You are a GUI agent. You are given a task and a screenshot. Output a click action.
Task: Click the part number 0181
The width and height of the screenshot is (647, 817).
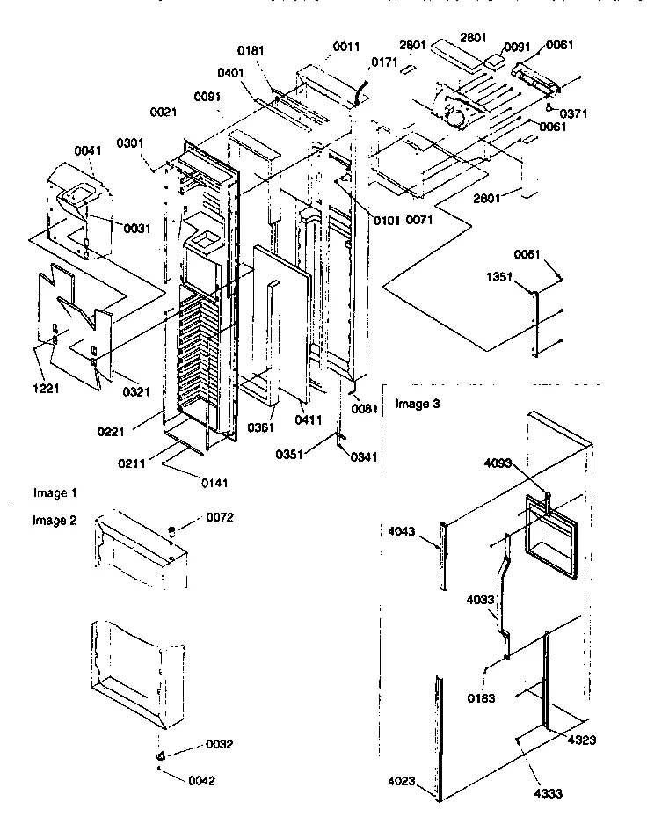(x=251, y=52)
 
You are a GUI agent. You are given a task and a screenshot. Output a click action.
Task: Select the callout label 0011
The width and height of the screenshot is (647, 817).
(x=345, y=46)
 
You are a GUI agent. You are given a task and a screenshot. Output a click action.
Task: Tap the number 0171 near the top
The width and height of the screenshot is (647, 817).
(x=384, y=62)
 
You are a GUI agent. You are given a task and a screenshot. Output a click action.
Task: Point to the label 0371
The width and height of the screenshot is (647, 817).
(x=572, y=113)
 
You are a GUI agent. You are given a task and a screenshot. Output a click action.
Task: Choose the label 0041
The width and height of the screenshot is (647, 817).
(x=88, y=151)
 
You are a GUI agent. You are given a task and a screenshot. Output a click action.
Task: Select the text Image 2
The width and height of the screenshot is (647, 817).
(x=55, y=520)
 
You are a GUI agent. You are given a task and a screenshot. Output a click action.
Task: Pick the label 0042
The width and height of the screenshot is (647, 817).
(x=200, y=780)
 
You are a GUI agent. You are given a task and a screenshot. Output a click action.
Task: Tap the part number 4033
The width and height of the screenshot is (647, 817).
(x=481, y=601)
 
